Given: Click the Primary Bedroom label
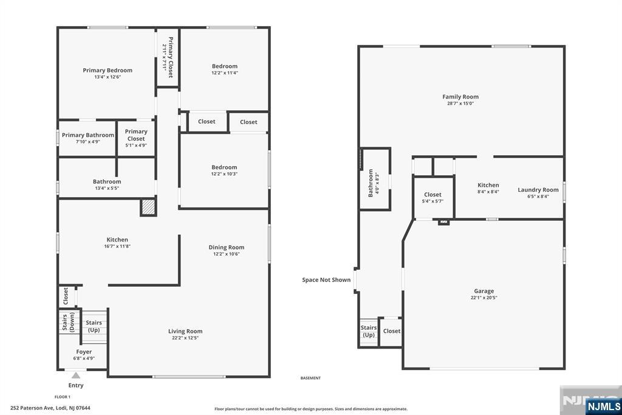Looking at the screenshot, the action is (108, 71).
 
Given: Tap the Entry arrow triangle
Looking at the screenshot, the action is (76, 375).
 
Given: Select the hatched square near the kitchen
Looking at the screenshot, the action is (148, 207).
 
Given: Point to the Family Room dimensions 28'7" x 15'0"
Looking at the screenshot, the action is (460, 103).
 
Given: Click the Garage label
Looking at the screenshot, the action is (484, 291).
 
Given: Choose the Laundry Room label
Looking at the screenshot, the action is (538, 190).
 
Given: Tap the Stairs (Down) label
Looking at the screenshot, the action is (68, 322).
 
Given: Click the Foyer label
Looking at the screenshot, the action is (84, 352).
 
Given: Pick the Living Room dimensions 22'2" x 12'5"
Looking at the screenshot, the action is (185, 338).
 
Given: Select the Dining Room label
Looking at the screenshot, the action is (227, 247).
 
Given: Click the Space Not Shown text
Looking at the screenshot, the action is (326, 280).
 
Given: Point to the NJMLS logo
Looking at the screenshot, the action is (603, 406).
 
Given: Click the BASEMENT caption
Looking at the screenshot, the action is (310, 378).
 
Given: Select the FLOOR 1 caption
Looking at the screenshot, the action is (63, 397).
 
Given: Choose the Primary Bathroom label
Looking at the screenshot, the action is (87, 135).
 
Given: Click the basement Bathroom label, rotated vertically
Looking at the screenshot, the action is (371, 183).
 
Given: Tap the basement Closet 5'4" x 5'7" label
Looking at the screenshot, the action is (432, 198).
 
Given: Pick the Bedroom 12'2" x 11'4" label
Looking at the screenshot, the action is (225, 69).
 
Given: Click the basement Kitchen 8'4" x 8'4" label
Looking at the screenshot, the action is (488, 188).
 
